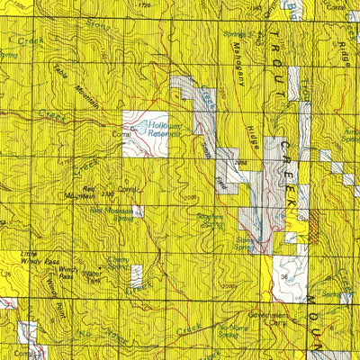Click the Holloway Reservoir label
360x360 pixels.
pos(164,130)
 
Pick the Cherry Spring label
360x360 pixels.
pos(119,263)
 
